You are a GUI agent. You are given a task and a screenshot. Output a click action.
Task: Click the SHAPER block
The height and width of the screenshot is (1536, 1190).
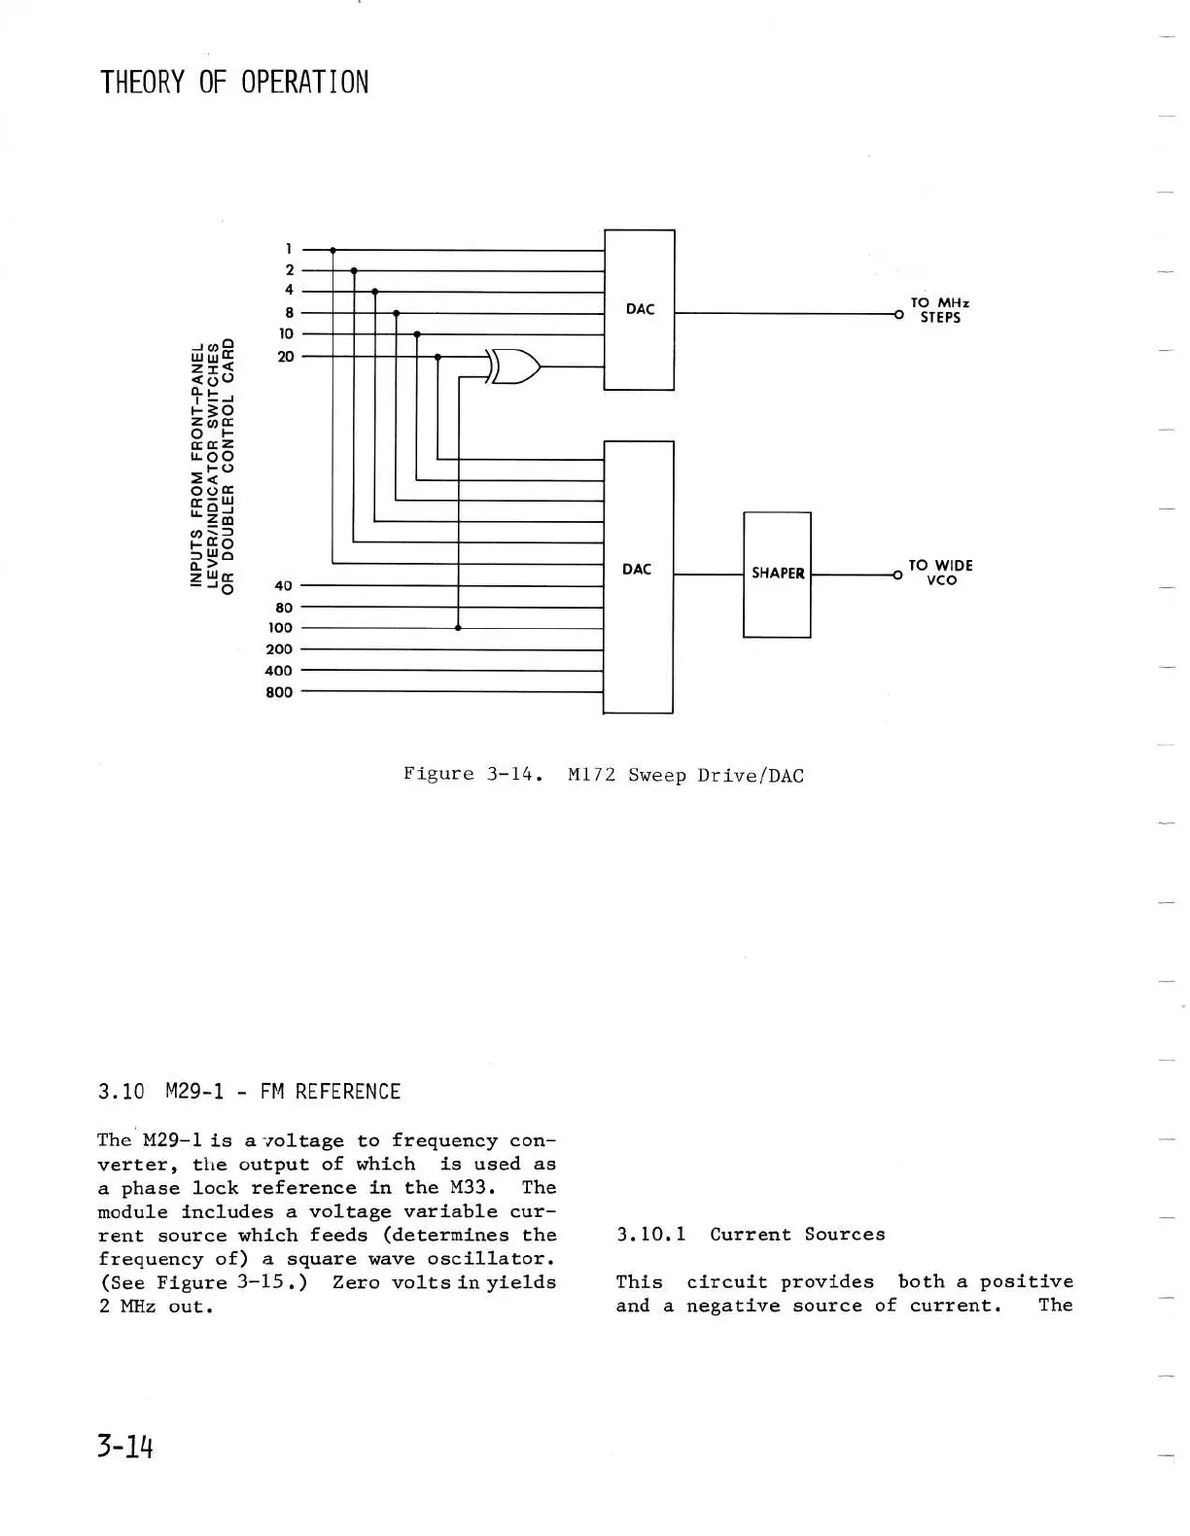777,574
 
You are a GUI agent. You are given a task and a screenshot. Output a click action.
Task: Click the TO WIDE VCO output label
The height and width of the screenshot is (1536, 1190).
940,573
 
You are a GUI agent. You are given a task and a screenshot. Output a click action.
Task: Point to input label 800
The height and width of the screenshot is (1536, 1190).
279,692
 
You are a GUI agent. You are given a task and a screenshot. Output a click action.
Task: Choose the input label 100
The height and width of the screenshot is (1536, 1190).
280,628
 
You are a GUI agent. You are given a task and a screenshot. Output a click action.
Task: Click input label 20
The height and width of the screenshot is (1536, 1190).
286,357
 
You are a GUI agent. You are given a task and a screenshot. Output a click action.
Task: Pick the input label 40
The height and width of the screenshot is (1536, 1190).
283,586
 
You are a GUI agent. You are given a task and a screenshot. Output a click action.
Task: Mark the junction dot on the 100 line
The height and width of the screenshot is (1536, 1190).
458,628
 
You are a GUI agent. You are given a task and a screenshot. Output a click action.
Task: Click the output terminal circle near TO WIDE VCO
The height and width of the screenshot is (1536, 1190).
897,576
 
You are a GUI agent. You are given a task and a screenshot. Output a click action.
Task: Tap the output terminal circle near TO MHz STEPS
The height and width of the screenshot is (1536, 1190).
899,314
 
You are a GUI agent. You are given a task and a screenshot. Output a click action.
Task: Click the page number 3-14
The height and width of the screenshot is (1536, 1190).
125,1447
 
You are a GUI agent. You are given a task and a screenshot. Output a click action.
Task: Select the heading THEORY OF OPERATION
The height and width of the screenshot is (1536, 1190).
234,83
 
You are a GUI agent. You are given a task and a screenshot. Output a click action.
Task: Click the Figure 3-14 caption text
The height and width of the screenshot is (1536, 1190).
603,775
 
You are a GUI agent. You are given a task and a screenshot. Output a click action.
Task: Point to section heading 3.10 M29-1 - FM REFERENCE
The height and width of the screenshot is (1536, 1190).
249,1092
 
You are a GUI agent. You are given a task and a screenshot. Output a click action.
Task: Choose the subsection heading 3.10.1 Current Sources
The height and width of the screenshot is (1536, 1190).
751,1235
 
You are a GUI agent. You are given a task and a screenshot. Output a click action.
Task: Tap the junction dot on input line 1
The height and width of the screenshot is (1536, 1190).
332,250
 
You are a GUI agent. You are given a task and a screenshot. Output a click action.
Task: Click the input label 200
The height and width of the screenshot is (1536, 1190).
279,649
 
